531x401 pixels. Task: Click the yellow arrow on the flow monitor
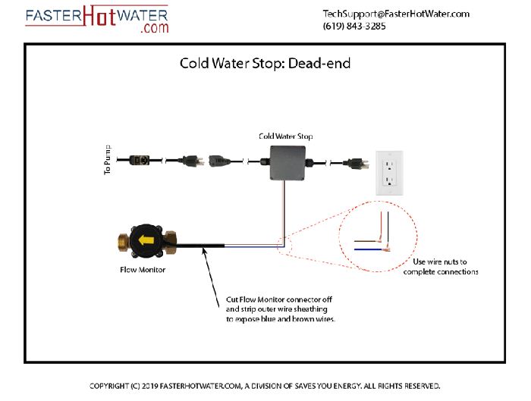tap(143, 242)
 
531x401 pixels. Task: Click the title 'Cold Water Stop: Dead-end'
tap(265, 63)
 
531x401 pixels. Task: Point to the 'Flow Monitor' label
tap(143, 269)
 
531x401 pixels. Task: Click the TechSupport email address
tap(396, 14)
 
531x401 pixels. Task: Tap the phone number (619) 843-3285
tap(354, 26)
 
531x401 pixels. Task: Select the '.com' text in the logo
tap(154, 29)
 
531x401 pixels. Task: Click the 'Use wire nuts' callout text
tap(441, 267)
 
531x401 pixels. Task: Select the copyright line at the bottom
tap(265, 386)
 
